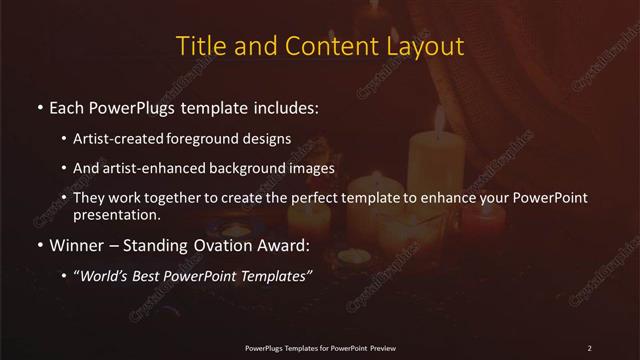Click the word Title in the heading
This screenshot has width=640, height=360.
click(198, 46)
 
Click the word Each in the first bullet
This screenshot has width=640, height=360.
click(67, 106)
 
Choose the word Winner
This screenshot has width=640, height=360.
click(77, 244)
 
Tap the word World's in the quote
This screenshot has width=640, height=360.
click(106, 275)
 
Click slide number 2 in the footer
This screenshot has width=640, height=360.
click(590, 347)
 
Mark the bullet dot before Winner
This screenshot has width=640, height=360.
click(39, 245)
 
